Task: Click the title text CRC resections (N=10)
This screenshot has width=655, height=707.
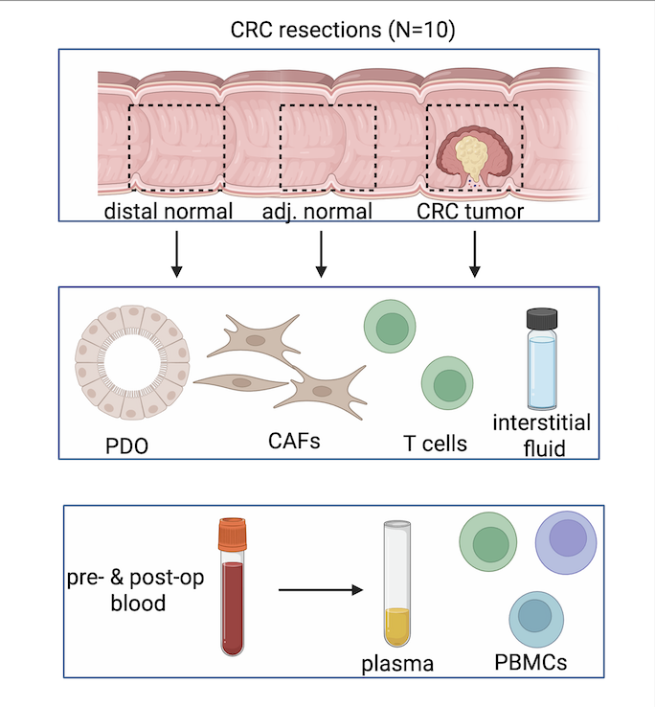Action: (x=342, y=30)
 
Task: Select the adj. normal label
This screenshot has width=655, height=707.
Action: (x=316, y=211)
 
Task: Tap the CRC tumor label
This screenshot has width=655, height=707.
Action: (x=470, y=211)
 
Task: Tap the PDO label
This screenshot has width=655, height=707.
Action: (x=128, y=446)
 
